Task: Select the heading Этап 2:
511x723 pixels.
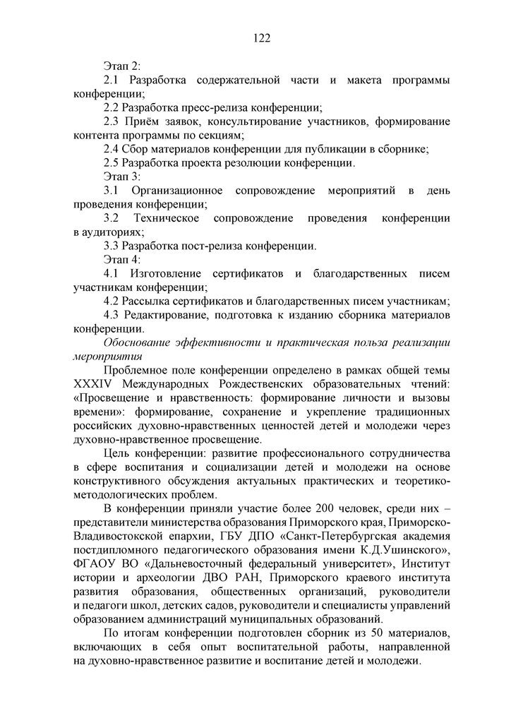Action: pos(121,67)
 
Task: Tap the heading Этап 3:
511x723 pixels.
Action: pos(121,177)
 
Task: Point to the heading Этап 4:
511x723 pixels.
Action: pos(121,260)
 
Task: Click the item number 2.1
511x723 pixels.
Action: pos(112,80)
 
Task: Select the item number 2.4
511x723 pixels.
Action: pos(112,149)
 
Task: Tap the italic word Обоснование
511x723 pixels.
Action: pos(139,342)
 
